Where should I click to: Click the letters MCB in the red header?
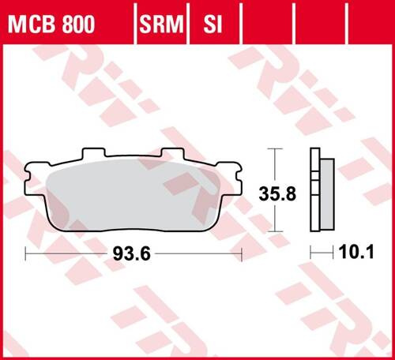[x=30, y=25]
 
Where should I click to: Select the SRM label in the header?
[x=161, y=25]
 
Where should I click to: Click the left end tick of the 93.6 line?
[x=26, y=253]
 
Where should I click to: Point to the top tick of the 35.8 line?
[x=273, y=148]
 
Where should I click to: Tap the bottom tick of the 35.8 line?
[x=273, y=231]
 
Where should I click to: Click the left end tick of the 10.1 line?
[x=311, y=253]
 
